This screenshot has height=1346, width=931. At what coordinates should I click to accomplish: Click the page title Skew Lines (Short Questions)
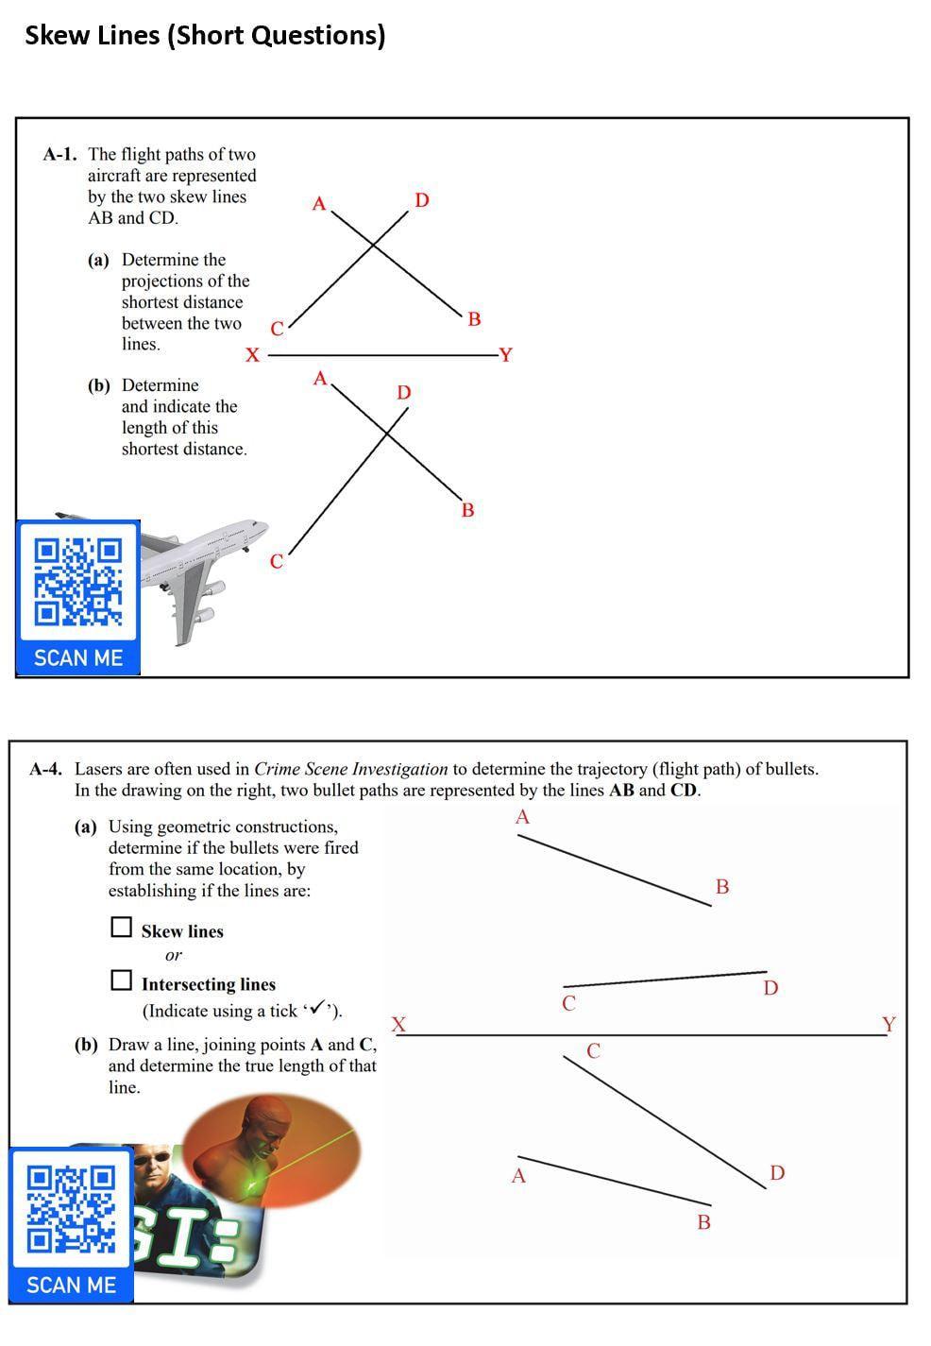coord(205,36)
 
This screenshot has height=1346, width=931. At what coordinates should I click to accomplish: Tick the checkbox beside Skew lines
coord(121,927)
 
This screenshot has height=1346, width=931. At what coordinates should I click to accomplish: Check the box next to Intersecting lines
coord(121,980)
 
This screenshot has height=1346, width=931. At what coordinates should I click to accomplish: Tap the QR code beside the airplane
coord(78,582)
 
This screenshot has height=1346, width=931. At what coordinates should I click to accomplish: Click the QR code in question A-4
coord(71,1210)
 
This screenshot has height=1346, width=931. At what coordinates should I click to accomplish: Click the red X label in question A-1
coord(252,355)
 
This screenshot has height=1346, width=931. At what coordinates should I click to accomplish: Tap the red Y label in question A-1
coord(506,355)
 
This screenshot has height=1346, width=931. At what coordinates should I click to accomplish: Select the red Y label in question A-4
coord(889,1024)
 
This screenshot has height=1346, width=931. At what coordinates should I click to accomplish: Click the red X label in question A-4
coord(398,1024)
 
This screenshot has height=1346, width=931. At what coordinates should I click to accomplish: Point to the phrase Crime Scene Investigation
coord(351,769)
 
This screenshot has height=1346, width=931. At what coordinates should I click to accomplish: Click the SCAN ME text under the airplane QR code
coord(78,657)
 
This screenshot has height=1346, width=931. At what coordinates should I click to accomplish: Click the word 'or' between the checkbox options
coord(174,955)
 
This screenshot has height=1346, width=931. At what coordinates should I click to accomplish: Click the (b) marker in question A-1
coord(98,385)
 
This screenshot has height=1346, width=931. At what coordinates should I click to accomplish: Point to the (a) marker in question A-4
coord(85,826)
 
